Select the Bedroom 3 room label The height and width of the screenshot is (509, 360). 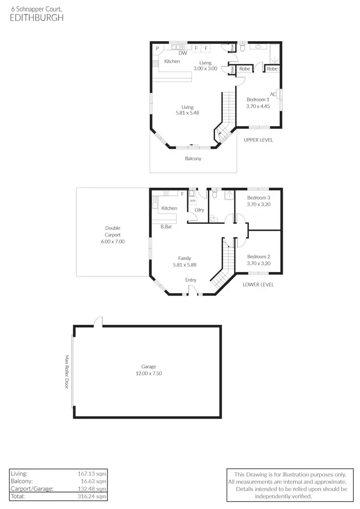coord(259,198)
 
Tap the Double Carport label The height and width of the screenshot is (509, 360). coord(113,232)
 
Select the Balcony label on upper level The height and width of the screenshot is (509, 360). coord(193,159)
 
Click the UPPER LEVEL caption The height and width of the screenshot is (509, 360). coord(258,140)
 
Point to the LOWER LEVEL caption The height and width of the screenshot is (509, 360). coord(258,284)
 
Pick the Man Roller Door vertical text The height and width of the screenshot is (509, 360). coord(67,371)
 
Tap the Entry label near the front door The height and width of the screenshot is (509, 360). coord(191,280)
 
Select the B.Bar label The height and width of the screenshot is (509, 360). coord(166,226)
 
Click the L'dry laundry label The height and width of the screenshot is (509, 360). coord(199,210)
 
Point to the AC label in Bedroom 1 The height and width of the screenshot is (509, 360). coord(273,94)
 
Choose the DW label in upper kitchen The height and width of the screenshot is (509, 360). coord(183,53)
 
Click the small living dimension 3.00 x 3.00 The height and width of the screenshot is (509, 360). coord(205,69)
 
